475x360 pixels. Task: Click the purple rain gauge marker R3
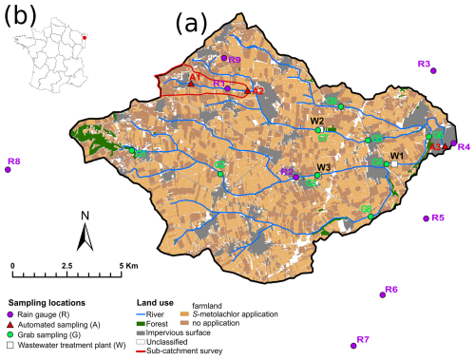pos(432,70)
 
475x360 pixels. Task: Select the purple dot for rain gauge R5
pos(427,218)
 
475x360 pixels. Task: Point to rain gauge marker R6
pos(382,294)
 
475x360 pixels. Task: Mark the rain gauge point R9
pos(224,59)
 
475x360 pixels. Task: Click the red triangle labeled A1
pos(191,84)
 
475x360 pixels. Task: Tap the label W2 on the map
pos(316,122)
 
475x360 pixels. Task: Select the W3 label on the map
pos(323,167)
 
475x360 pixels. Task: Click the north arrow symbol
pos(85,230)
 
